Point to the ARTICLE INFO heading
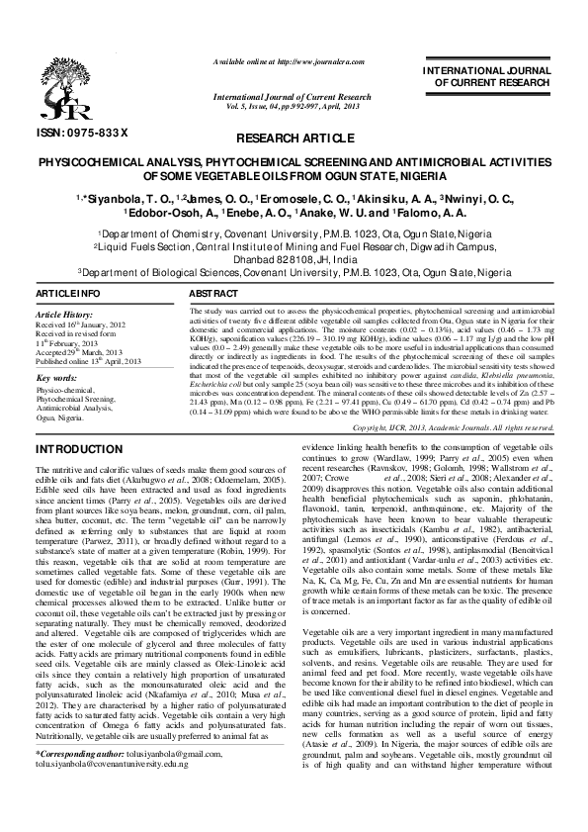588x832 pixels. coord(68,296)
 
